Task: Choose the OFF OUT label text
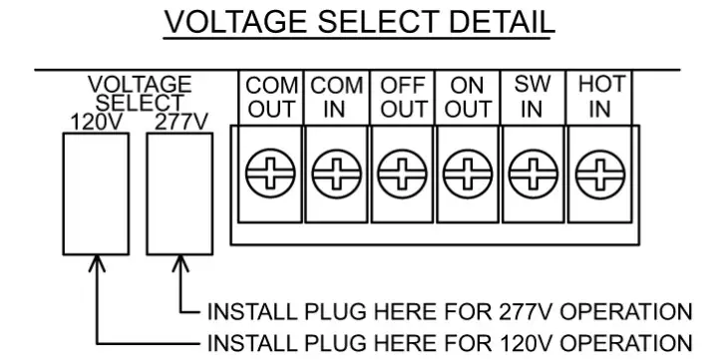tap(403, 98)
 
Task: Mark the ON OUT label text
tap(467, 98)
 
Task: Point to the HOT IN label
tap(598, 98)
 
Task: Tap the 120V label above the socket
tap(95, 122)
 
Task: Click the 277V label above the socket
tap(180, 122)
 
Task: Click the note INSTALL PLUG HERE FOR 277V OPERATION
tap(449, 310)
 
